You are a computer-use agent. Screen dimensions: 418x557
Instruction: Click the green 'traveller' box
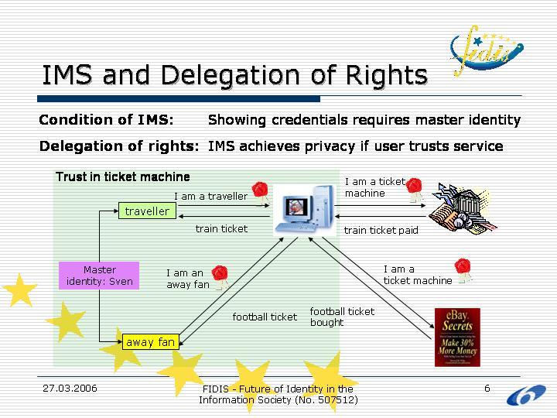click(x=147, y=211)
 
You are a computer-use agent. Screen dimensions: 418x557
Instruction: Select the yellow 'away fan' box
click(x=150, y=341)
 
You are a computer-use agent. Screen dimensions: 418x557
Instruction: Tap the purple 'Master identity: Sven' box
click(x=99, y=276)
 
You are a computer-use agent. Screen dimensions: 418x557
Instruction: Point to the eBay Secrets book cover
click(x=456, y=337)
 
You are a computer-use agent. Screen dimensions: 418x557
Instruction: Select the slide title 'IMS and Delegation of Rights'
click(x=234, y=75)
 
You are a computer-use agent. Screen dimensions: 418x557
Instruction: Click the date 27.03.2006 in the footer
click(x=70, y=388)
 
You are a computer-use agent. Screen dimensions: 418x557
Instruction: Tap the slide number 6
click(x=487, y=388)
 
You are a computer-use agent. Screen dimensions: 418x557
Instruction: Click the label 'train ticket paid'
click(x=381, y=230)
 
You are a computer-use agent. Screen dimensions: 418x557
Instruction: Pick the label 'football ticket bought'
click(x=342, y=317)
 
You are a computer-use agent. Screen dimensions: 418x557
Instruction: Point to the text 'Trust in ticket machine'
click(x=122, y=176)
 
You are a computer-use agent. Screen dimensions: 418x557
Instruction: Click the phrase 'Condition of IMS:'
click(x=106, y=120)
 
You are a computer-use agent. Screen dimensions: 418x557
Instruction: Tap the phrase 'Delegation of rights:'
click(x=119, y=146)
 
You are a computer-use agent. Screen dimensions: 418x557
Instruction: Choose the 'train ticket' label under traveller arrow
click(x=221, y=228)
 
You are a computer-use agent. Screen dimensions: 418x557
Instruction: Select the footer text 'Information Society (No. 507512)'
click(x=278, y=399)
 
